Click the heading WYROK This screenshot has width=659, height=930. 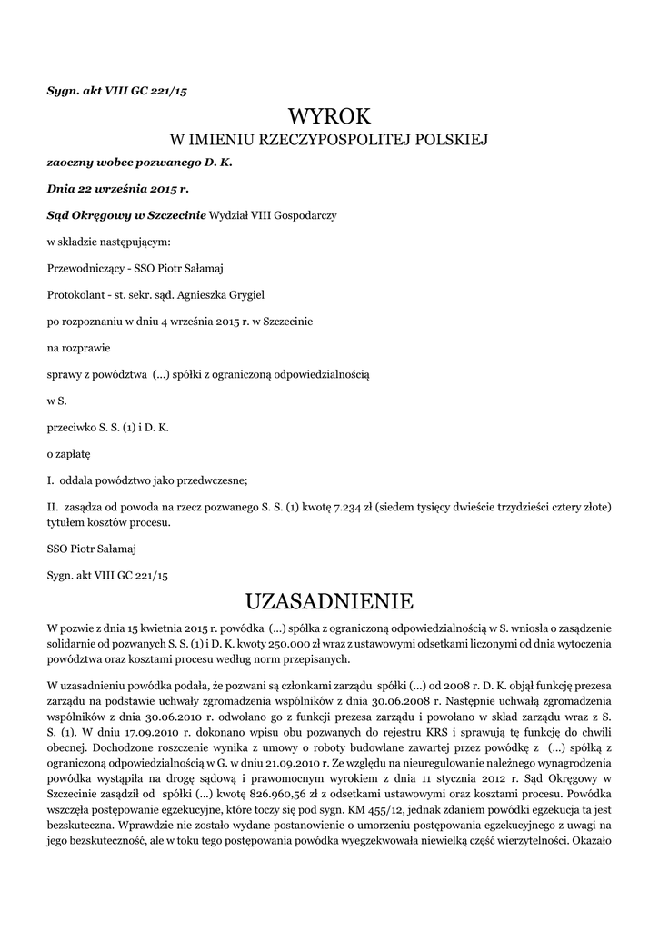[x=329, y=116]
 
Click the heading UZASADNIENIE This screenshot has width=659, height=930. [x=329, y=601]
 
